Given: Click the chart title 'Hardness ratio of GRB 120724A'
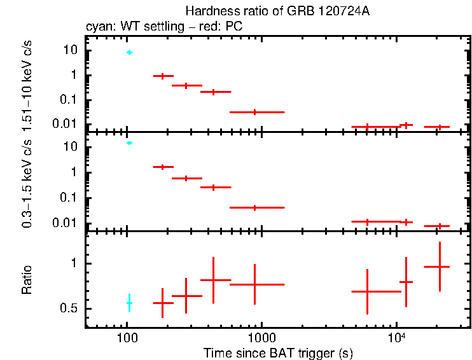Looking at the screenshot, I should (277, 11).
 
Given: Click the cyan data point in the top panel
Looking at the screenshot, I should (129, 52).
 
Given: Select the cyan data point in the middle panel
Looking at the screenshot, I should (129, 143).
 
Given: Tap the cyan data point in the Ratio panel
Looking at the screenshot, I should (129, 303).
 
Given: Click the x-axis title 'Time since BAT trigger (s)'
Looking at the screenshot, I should (278, 352).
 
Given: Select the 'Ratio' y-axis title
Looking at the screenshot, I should (27, 280).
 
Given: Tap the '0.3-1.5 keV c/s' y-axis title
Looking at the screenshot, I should (27, 184).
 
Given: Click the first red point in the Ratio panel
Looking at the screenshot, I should (163, 303).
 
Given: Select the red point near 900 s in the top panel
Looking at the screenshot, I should (255, 112).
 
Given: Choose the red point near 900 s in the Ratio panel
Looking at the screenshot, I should (255, 284).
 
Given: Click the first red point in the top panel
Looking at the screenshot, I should (163, 76).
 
